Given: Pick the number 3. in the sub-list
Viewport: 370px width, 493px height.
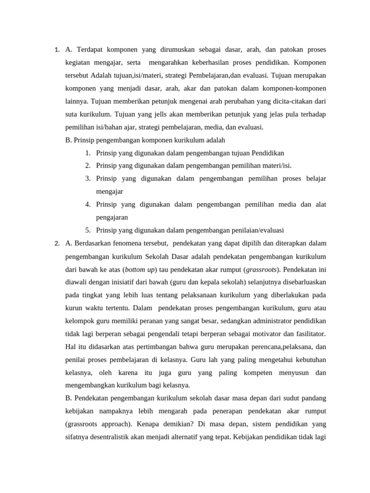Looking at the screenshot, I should coord(88,179).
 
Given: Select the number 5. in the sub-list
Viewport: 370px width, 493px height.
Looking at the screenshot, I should coord(88,230).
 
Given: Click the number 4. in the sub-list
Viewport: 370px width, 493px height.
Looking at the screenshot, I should coord(88,205).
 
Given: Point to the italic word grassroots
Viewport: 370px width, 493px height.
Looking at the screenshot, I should coord(262,269).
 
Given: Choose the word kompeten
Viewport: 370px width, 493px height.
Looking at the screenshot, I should coord(258,372).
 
